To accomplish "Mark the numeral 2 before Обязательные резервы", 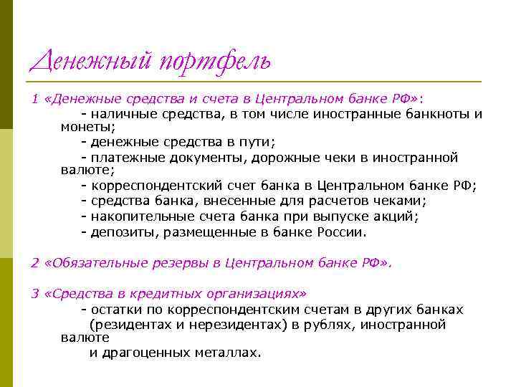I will click(x=34, y=263).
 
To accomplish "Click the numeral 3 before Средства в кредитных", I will click(x=34, y=294).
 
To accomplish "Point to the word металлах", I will click(x=229, y=353).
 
